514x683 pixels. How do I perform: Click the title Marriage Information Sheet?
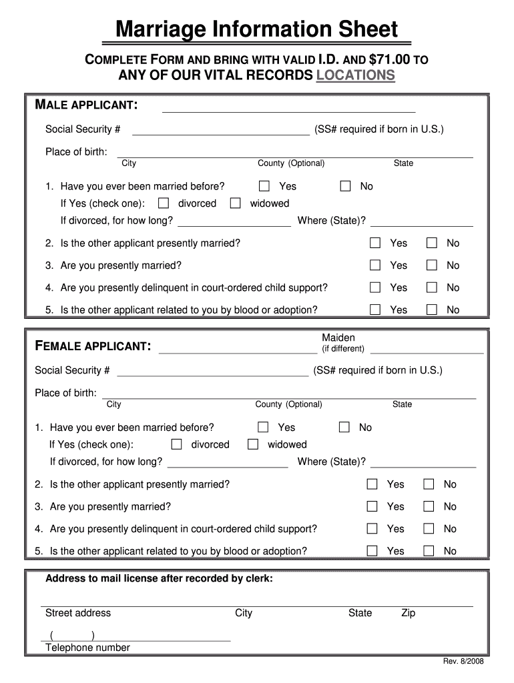click(x=256, y=30)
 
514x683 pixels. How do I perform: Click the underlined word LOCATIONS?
click(x=355, y=75)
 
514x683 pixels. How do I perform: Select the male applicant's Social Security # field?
click(x=221, y=129)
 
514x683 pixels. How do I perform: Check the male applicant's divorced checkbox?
click(x=164, y=203)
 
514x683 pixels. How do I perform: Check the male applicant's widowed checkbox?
click(x=235, y=203)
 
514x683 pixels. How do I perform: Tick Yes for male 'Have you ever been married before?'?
click(x=264, y=186)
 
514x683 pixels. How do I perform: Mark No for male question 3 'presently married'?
click(x=432, y=265)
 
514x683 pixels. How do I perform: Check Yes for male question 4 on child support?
click(x=376, y=287)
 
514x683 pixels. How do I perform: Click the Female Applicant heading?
click(x=92, y=346)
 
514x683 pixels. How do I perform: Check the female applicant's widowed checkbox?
click(x=253, y=444)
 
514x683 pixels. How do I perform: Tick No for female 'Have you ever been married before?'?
click(x=344, y=427)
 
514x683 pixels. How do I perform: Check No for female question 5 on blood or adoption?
click(x=429, y=550)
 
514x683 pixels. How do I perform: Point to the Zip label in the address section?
click(x=408, y=613)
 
